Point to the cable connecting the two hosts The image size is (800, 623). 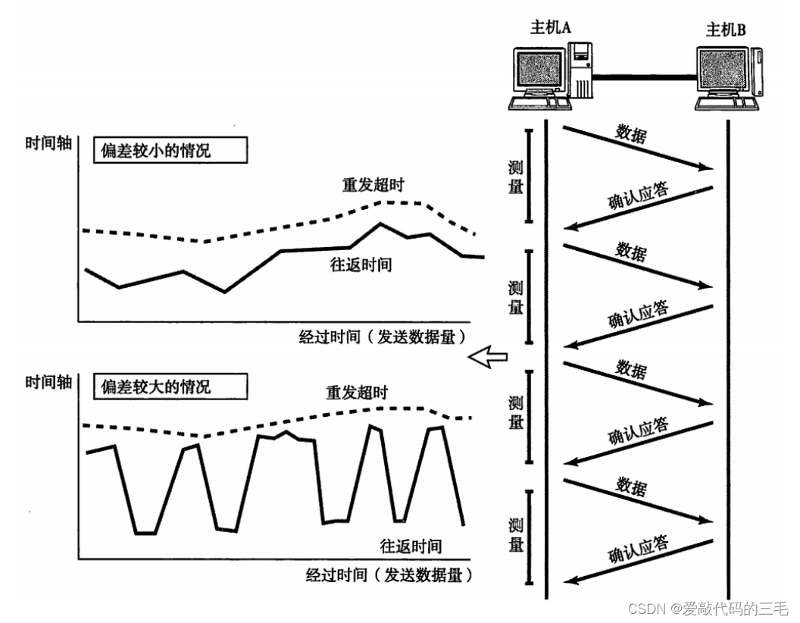(644, 75)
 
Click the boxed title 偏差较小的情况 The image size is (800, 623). (170, 150)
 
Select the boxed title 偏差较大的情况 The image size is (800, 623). (170, 387)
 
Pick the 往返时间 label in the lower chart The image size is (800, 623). (411, 546)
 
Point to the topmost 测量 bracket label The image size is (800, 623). (516, 177)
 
